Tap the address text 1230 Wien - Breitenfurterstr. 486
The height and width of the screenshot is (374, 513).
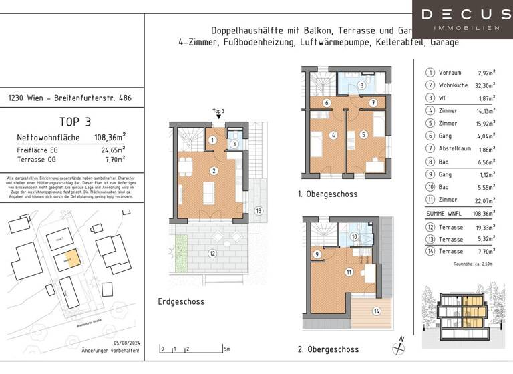click(x=70, y=98)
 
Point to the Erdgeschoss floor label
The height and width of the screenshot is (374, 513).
click(x=182, y=301)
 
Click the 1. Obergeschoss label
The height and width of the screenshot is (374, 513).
click(x=327, y=194)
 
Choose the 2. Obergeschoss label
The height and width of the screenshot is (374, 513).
click(x=328, y=349)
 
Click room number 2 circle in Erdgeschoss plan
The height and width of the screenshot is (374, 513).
click(x=213, y=171)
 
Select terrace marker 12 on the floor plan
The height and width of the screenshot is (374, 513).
click(x=212, y=254)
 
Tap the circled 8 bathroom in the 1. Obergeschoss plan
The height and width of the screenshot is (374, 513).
click(x=361, y=85)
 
